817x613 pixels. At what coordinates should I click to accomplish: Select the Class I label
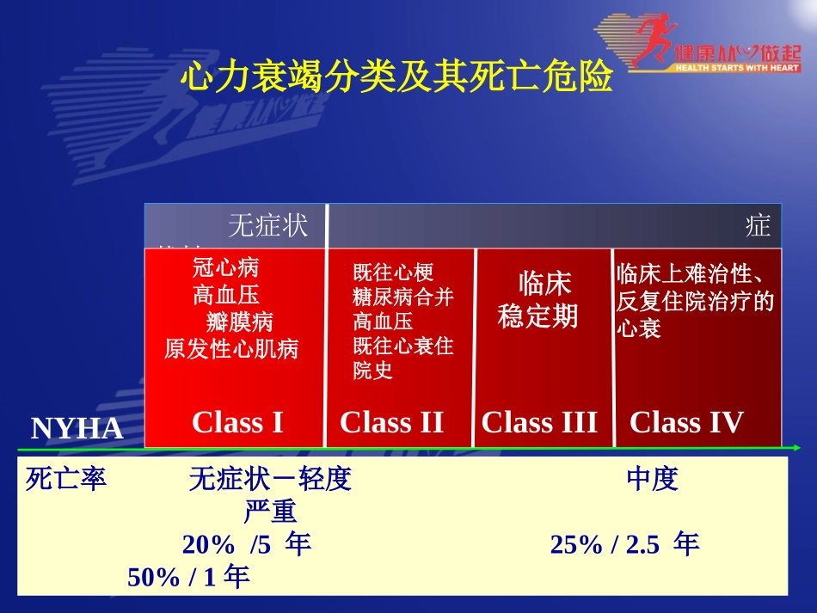237,422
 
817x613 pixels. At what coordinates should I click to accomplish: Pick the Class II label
391,422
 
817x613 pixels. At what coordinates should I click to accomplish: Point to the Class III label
539,422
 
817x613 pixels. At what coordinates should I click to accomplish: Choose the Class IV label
686,422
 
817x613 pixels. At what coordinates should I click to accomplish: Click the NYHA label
77,429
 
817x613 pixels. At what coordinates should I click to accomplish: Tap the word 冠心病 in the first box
225,268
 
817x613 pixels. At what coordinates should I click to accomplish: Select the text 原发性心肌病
231,349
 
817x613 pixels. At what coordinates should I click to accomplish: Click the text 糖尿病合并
402,297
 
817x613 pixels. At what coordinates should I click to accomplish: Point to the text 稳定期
538,316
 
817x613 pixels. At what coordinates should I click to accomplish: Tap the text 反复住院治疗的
696,302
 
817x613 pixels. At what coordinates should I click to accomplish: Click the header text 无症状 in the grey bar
267,226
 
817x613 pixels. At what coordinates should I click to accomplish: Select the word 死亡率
66,479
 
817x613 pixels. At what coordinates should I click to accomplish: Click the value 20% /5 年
246,544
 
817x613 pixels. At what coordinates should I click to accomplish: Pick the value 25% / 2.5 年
624,544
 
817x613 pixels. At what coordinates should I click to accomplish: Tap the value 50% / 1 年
188,577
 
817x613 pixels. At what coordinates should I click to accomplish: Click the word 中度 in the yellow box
653,479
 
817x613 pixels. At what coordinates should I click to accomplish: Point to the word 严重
270,512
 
